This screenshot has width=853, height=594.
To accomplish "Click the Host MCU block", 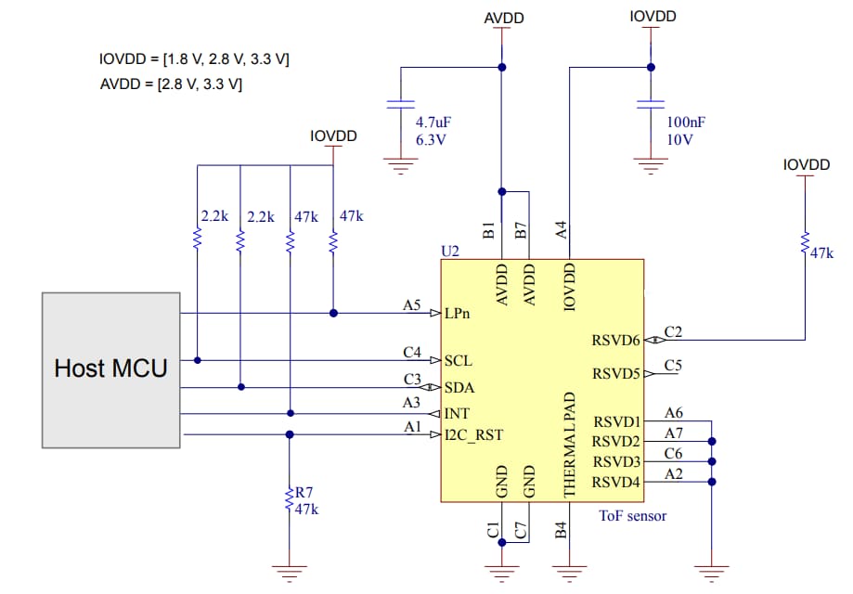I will tap(110, 368).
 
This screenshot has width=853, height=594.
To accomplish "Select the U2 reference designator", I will tap(450, 252).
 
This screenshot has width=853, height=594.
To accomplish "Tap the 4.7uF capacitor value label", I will tap(433, 122).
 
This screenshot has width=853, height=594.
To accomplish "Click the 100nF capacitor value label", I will tap(685, 122).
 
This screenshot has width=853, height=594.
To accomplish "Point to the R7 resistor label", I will tap(304, 492).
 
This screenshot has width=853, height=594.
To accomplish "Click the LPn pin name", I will tap(458, 313).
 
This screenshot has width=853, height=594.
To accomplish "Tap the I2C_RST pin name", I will tap(473, 433).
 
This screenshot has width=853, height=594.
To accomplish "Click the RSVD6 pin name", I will tap(615, 341).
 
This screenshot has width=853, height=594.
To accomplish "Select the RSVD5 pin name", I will tap(615, 374).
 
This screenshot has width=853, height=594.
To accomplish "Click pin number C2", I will tap(673, 331).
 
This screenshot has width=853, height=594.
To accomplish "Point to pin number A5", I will tap(412, 303).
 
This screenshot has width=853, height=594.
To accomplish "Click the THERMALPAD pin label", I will tap(571, 442).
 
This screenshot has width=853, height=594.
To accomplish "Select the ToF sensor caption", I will tap(632, 515).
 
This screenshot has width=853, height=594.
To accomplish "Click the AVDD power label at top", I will tap(503, 19).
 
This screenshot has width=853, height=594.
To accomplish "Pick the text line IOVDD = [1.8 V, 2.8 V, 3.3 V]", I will tap(194, 59).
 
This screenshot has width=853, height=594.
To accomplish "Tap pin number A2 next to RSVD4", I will tap(674, 473).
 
